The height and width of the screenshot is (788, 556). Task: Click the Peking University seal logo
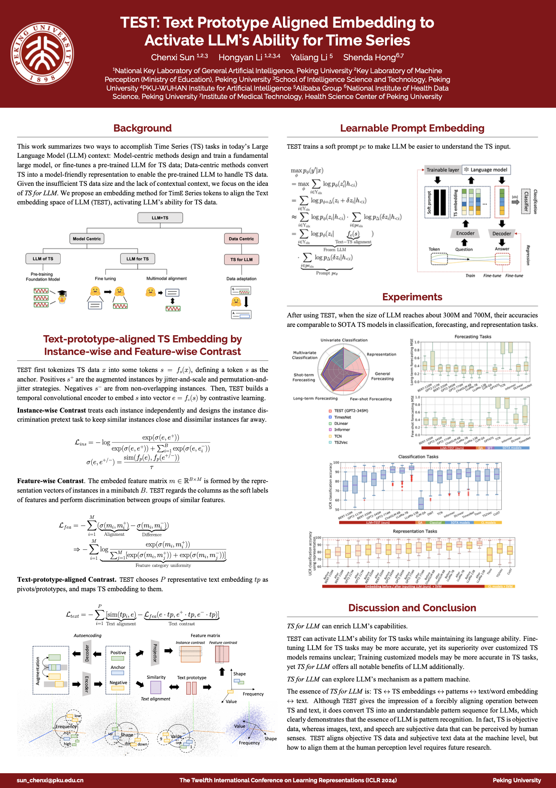pyautogui.click(x=42, y=53)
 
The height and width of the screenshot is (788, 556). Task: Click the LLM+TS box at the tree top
pyautogui.click(x=160, y=218)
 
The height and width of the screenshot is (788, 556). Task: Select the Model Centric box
pyautogui.click(x=87, y=239)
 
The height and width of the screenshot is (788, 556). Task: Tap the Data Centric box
pyautogui.click(x=241, y=239)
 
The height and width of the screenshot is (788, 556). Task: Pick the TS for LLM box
pyautogui.click(x=241, y=259)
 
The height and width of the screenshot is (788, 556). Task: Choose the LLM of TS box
pyautogui.click(x=43, y=259)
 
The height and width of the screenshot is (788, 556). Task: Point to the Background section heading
pyautogui.click(x=143, y=128)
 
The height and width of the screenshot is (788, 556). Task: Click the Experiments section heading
pyautogui.click(x=412, y=297)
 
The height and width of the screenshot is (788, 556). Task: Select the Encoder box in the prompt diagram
pyautogui.click(x=465, y=233)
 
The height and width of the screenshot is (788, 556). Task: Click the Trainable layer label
pyautogui.click(x=443, y=170)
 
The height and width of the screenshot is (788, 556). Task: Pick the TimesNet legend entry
pyautogui.click(x=342, y=417)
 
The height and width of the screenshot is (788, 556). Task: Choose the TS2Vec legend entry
pyautogui.click(x=341, y=443)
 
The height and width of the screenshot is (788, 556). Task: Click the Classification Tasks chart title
pyautogui.click(x=418, y=457)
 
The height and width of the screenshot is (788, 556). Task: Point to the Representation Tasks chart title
pyautogui.click(x=415, y=531)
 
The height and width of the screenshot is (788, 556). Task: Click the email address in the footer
pyautogui.click(x=50, y=780)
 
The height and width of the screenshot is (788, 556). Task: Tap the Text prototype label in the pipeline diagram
pyautogui.click(x=192, y=677)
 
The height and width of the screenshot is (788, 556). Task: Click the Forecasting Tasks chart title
pyautogui.click(x=473, y=336)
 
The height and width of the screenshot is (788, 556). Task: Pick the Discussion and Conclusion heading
pyautogui.click(x=412, y=608)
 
